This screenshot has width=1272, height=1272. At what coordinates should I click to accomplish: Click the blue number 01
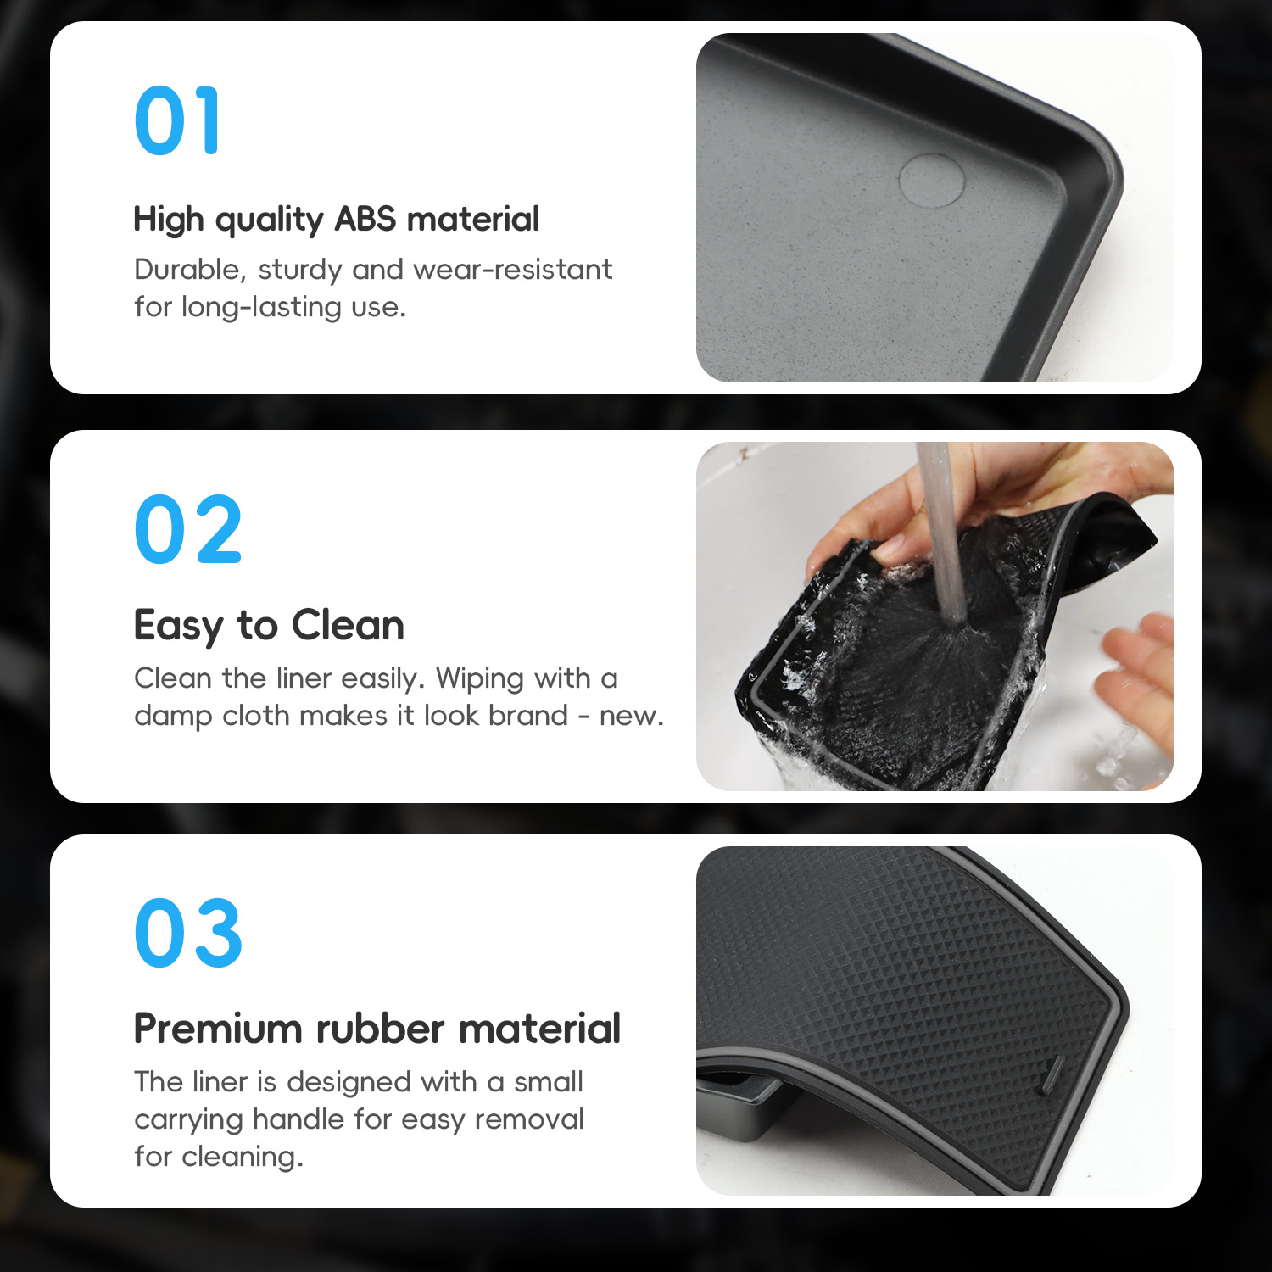point(177,120)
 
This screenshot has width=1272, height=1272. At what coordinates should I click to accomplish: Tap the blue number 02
point(188,530)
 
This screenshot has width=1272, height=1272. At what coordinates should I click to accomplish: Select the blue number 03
point(188,933)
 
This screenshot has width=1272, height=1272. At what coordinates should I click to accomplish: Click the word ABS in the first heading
point(365,219)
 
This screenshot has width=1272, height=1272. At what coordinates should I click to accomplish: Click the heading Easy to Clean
point(269,626)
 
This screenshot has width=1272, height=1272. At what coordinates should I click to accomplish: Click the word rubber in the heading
point(380,1029)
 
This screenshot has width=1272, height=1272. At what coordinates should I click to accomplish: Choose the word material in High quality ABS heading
point(473,219)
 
